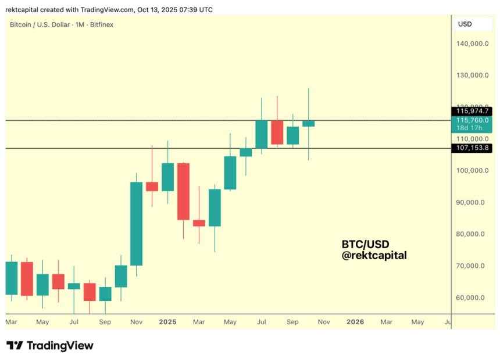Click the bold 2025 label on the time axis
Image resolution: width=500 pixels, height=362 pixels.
coord(167,321)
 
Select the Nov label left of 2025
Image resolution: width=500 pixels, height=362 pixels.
coord(137,321)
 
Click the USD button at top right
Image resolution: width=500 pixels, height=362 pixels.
coord(465,24)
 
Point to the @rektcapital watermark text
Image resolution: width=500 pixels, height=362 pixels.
coord(374,255)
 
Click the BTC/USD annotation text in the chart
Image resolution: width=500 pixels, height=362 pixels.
coord(365,244)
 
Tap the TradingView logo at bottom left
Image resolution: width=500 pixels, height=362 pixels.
coord(50,346)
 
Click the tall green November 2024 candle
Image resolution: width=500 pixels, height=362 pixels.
coord(137,224)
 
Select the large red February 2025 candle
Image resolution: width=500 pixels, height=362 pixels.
coord(183,191)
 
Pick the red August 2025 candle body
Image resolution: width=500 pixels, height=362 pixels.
coord(277,132)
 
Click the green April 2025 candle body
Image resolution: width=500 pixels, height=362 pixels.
coord(215,207)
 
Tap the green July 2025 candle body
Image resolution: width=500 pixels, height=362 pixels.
coord(261,134)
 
